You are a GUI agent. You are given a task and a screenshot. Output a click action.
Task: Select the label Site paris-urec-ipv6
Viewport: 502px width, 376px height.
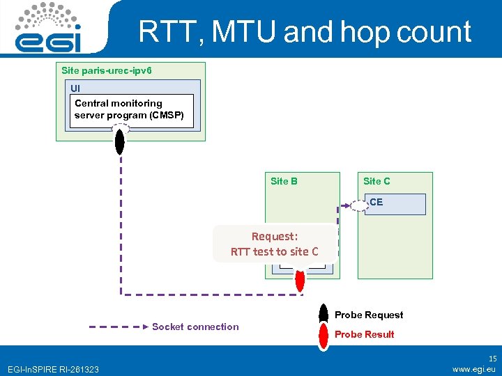107,70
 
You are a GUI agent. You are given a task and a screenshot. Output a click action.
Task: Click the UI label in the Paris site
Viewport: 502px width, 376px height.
75,88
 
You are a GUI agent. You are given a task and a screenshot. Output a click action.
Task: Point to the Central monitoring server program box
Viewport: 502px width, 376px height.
129,109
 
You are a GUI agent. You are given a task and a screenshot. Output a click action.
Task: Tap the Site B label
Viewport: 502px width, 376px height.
284,181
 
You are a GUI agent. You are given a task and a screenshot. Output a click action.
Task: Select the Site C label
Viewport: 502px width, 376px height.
376,181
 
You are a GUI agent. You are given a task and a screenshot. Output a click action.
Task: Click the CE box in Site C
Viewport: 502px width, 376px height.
394,203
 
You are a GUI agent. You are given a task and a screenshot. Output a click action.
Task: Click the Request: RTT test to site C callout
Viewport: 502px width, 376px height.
274,244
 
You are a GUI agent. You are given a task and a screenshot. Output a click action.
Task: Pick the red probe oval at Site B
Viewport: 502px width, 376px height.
301,279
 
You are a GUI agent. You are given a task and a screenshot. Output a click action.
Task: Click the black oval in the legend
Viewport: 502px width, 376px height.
324,314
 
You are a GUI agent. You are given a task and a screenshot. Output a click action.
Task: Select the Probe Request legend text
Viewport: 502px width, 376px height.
369,315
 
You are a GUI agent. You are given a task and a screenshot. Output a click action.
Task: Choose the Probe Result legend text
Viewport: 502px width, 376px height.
365,334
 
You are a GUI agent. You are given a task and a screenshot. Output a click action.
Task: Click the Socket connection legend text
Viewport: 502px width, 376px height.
195,327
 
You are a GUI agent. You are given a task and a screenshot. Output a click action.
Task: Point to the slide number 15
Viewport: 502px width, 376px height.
492,358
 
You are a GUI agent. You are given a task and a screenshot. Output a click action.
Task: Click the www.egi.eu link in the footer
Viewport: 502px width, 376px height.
473,369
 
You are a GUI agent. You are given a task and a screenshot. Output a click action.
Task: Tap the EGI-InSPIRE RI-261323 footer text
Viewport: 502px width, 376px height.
53,369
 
